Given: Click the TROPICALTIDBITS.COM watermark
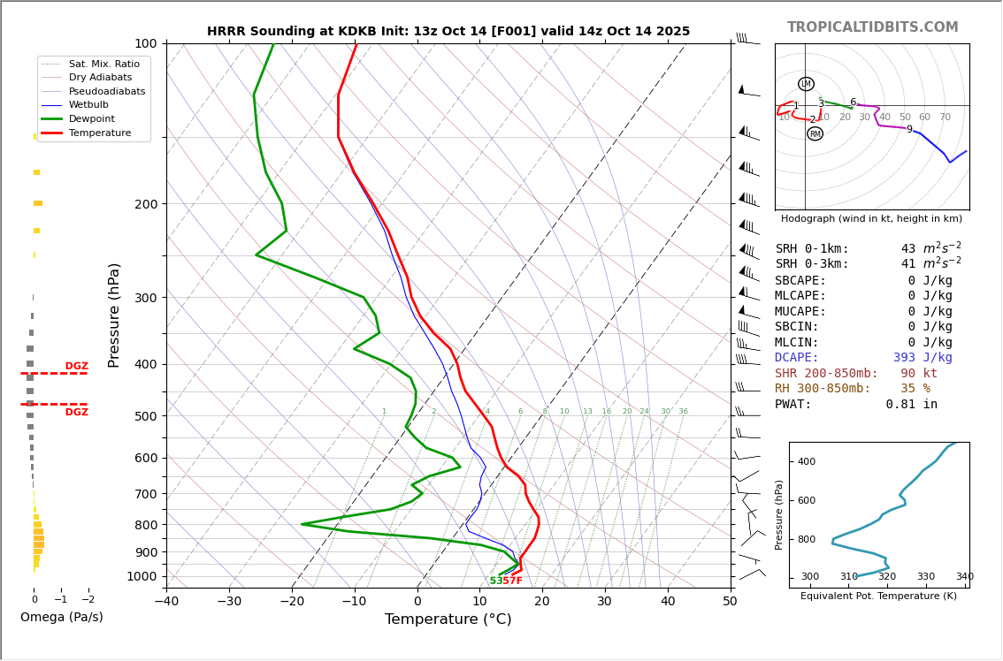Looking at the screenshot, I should pos(872,27).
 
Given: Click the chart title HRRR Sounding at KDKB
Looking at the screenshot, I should pos(448,32).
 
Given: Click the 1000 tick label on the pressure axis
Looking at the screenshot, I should pos(142,576).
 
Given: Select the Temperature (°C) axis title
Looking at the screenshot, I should pos(448,619).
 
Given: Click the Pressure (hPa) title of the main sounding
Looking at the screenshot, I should pos(115,315).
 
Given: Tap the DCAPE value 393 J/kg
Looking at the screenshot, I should pos(922,358).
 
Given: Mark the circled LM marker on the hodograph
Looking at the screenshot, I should pos(806,84).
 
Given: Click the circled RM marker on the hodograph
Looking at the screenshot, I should pos(815,134).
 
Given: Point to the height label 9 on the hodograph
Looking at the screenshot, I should pos(908,130).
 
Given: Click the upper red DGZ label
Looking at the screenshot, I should pos(76,367).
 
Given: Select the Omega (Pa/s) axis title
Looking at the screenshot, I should pos(61,618).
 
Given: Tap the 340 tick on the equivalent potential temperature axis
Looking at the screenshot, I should pos(964,577).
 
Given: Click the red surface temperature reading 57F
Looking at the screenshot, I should pos(512,581).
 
